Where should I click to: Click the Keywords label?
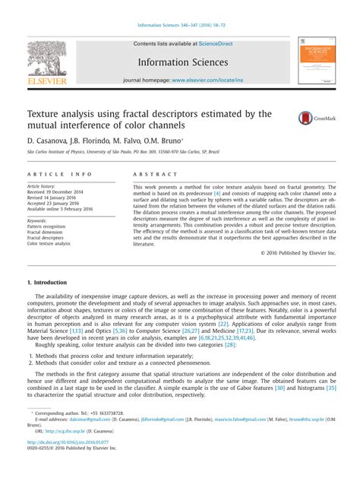(42, 220)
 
